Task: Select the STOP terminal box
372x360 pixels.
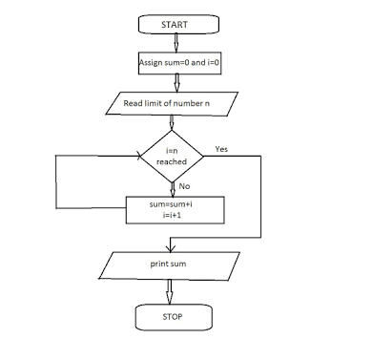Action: pos(172,315)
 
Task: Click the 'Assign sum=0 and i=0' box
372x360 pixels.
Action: pos(172,63)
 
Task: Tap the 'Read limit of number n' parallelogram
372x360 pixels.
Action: pos(172,102)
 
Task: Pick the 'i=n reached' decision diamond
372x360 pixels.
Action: pos(172,156)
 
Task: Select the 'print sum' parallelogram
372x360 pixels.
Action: pos(172,262)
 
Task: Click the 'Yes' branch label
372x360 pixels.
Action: pos(222,149)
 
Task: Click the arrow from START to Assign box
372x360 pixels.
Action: pos(172,41)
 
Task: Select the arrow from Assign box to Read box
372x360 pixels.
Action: pos(172,82)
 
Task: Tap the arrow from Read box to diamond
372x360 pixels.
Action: pos(172,121)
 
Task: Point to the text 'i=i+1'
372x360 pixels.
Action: pos(173,217)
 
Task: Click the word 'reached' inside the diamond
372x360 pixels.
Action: pos(172,162)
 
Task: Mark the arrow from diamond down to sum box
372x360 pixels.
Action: pos(172,189)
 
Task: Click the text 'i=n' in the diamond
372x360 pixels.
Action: pos(172,150)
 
